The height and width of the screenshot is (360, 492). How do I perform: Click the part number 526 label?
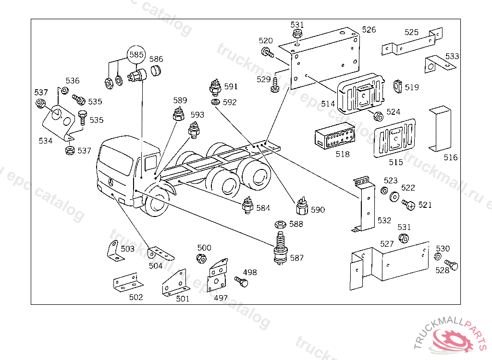click(x=369, y=30)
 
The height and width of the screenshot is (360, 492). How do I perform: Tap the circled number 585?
click(x=136, y=55)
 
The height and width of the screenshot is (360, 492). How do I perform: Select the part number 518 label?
click(x=343, y=154)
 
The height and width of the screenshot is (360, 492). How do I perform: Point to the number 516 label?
click(x=451, y=157)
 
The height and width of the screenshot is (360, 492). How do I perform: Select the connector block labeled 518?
click(x=334, y=138)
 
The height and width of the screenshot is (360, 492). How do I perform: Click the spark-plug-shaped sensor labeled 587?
click(x=280, y=247)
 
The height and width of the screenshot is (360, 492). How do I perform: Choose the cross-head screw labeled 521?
click(x=409, y=205)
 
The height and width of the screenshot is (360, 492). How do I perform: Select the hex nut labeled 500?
click(x=201, y=258)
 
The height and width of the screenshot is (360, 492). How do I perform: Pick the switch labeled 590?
click(x=302, y=207)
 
